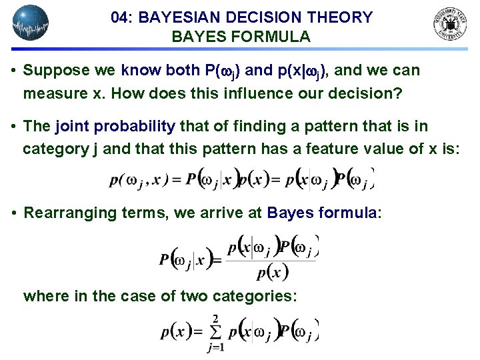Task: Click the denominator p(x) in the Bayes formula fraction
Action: (271, 272)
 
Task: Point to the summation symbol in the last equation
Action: (215, 331)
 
